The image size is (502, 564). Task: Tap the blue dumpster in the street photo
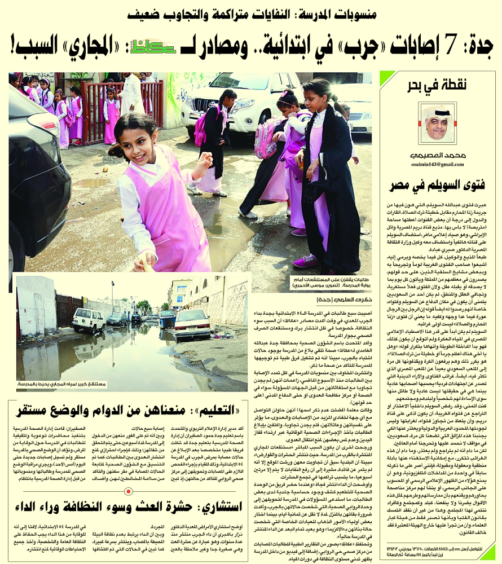pos(168,319)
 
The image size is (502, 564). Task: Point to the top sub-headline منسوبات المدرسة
pos(252,14)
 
